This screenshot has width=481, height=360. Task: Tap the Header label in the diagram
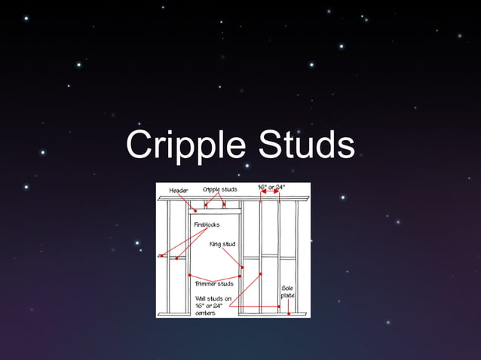pos(179,191)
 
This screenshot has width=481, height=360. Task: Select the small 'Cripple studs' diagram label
pos(220,189)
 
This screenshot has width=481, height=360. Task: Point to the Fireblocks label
pos(207,224)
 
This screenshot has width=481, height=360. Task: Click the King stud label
pos(222,243)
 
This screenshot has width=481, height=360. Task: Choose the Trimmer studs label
pos(214,284)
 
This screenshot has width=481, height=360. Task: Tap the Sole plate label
pos(288,291)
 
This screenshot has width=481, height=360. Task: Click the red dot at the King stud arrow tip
pos(243,267)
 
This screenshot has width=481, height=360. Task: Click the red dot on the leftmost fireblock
pos(162,256)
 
